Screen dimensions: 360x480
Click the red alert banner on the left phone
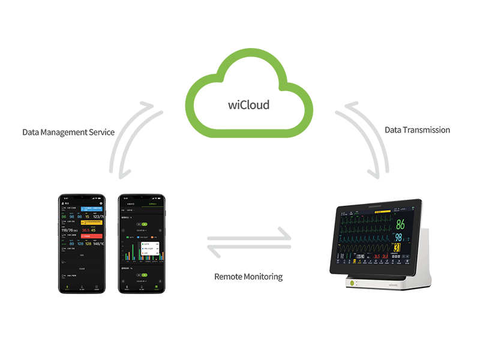92,236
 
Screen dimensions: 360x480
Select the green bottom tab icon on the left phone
67,287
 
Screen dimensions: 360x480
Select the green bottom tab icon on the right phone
155,287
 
